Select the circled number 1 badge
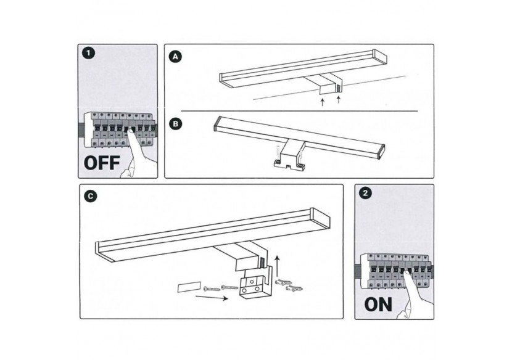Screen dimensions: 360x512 pos(90,54)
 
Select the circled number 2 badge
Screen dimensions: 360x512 pos(367,194)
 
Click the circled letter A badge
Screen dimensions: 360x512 pos(176,57)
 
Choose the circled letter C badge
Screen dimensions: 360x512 pos(91,196)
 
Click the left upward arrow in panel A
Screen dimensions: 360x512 pos(322,102)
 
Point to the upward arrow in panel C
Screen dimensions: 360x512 pos(278,263)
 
